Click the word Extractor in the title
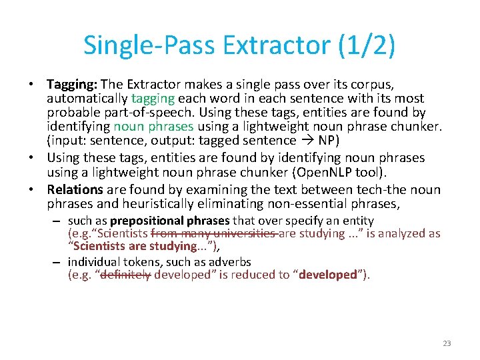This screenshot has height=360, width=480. pos(276,45)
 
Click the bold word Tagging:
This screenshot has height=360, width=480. pos(72,85)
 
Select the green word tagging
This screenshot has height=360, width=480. pos(154,99)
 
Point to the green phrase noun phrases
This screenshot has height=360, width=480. pos(153,127)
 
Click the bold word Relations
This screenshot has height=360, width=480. pos(75,189)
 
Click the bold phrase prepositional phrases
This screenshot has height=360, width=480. pos(169,221)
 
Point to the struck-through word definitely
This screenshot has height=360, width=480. pos(125,275)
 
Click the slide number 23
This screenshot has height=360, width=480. pos(447,343)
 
